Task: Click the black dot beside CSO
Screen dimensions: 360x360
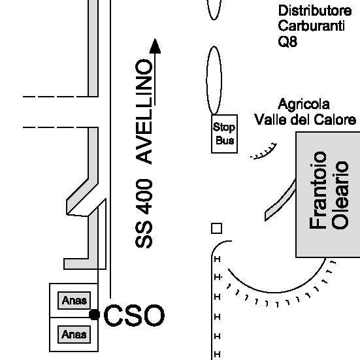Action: tap(94, 314)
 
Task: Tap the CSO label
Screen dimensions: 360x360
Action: tap(134, 315)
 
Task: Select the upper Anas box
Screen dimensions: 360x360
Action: tap(74, 301)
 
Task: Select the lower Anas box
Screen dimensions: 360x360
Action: tap(74, 335)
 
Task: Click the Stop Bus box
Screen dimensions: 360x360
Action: tap(224, 134)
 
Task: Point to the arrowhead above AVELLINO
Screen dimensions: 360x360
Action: tap(155, 46)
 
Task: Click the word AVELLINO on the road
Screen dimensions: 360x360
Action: tap(144, 112)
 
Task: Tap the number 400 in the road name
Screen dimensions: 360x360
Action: tap(144, 197)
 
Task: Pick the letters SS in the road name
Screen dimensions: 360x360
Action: tap(144, 235)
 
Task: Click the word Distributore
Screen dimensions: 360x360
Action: tap(315, 10)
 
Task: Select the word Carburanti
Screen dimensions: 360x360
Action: tap(312, 25)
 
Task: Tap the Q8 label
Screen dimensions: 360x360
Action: tap(287, 42)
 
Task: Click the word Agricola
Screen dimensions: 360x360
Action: tap(304, 105)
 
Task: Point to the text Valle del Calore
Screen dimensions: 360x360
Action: tap(305, 120)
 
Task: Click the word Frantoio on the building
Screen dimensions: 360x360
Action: tap(318, 190)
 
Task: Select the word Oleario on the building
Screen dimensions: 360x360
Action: tap(340, 195)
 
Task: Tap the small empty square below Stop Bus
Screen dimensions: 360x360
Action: tap(216, 229)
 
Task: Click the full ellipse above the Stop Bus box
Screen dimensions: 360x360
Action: tap(214, 80)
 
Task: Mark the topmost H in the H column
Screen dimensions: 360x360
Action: tap(217, 259)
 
